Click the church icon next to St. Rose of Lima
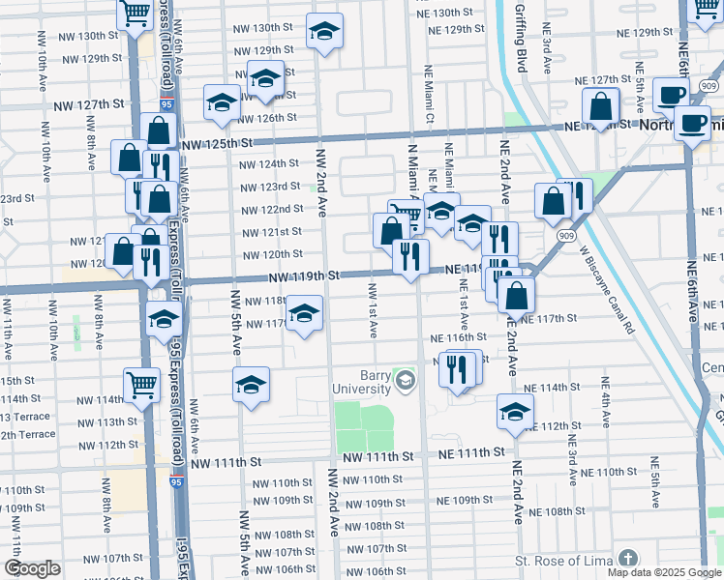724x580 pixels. coord(628,560)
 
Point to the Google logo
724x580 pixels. coord(32,568)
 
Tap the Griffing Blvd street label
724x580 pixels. coord(521,40)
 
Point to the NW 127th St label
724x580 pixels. coord(89,104)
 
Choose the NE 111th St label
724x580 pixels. coord(471,452)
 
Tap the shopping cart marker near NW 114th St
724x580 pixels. coord(142,386)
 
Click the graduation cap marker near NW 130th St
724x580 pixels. coord(324,32)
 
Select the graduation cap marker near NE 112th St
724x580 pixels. coord(515,411)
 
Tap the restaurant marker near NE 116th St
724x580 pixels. coord(458,369)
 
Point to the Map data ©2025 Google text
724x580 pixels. coord(663,572)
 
